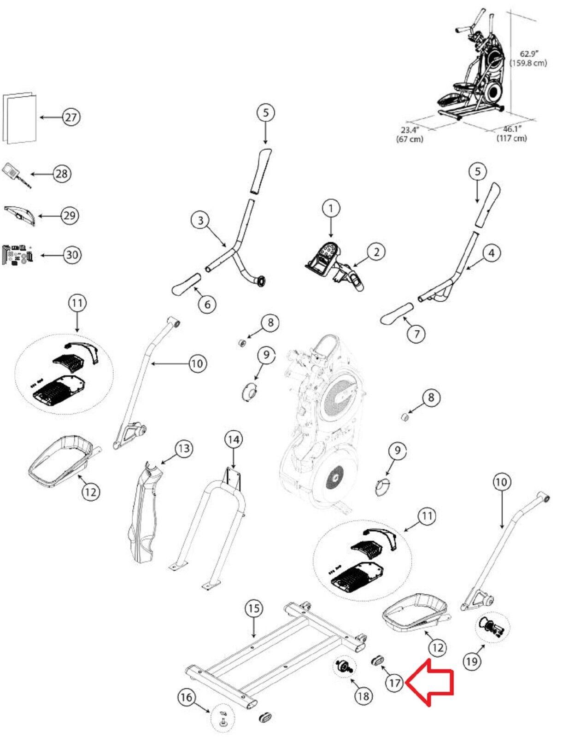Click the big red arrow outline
[430, 683]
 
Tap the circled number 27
[71, 117]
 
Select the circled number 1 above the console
[331, 209]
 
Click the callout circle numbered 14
[234, 440]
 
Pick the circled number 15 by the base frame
[254, 608]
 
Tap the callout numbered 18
[363, 696]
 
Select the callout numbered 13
[184, 449]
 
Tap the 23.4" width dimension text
[410, 134]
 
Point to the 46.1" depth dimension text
[512, 133]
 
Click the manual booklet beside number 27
[19, 117]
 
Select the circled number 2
[376, 252]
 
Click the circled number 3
[201, 221]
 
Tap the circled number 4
[492, 253]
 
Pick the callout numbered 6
[207, 304]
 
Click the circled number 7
[416, 334]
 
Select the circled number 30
[72, 254]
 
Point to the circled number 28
[62, 174]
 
